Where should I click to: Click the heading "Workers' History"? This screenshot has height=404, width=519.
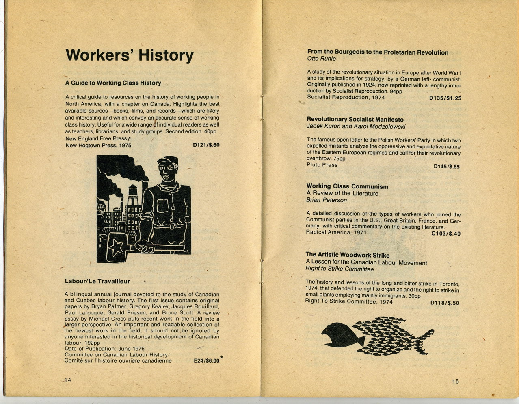(x=129, y=55)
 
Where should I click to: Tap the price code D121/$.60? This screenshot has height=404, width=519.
(x=206, y=145)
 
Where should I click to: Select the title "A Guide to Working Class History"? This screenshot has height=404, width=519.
(x=113, y=83)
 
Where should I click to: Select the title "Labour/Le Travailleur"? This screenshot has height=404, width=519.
(x=97, y=281)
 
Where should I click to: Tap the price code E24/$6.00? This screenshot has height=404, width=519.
(x=206, y=361)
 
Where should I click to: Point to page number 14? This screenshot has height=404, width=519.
(x=67, y=380)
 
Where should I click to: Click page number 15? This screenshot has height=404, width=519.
(x=455, y=381)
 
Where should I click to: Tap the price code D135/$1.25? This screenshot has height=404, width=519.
(x=445, y=98)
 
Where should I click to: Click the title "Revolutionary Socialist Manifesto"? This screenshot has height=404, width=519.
(x=355, y=119)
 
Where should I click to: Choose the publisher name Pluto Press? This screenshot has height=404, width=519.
(x=322, y=165)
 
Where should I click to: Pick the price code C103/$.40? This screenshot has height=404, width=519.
(x=445, y=234)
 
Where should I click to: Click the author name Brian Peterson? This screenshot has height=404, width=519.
(x=326, y=200)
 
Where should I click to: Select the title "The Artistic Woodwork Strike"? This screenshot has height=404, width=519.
(x=347, y=255)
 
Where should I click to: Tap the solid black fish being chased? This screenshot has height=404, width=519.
(x=341, y=334)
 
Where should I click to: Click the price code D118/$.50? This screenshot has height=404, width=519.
(x=445, y=303)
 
